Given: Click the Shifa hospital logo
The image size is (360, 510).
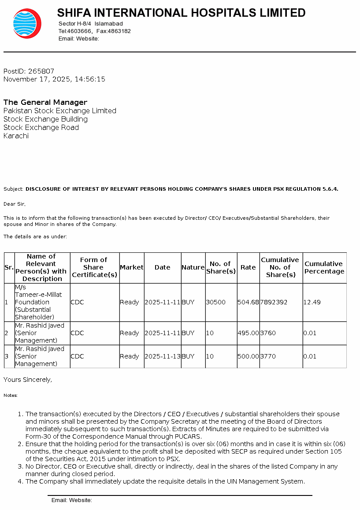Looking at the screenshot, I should point(27,23).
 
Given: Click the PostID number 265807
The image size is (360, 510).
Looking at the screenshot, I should point(41,71).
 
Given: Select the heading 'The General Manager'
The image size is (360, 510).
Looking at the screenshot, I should point(45,102).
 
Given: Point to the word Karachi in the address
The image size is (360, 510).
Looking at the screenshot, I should point(16,136).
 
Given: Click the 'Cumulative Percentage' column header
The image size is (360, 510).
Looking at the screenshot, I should point(324,267).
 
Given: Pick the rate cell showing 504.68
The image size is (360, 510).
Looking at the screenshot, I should point(248,302).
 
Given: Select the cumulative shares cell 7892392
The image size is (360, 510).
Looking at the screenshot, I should point(274,302).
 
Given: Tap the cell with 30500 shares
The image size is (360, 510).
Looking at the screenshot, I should point(216,302).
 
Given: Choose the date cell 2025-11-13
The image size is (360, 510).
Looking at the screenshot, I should point(162,356).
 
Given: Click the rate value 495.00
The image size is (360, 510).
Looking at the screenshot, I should point(248,333).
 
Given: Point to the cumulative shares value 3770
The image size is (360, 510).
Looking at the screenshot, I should point(268,356).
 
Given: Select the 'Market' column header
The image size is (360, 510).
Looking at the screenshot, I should point(131,267).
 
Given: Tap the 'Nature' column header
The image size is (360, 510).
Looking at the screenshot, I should point(193,267).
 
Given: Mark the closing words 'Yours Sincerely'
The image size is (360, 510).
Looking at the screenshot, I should point(27,379).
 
